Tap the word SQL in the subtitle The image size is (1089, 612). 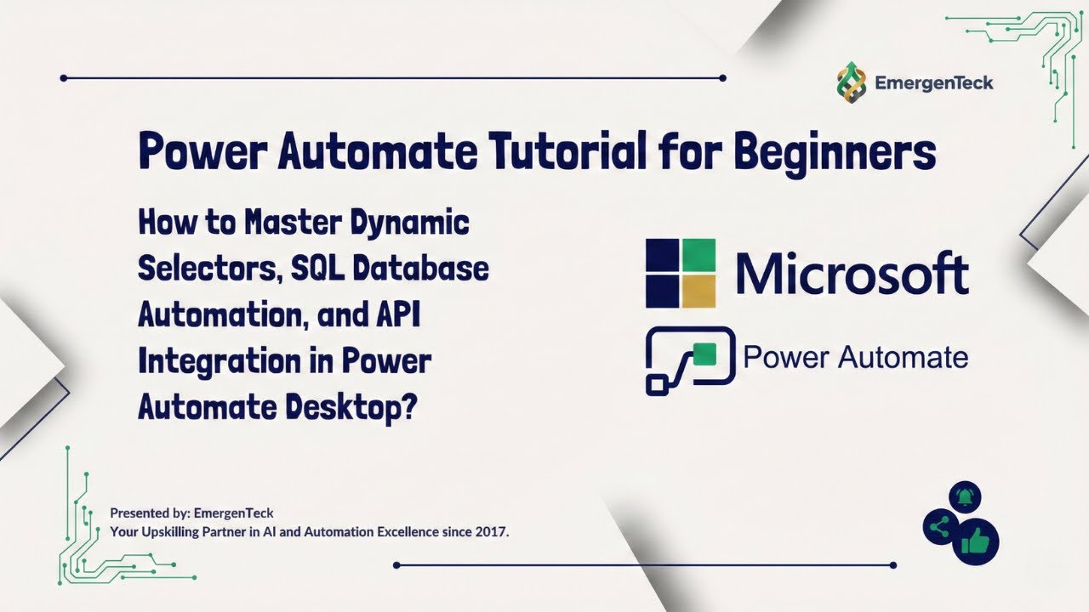coord(320,269)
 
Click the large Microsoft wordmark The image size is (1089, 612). coord(852,273)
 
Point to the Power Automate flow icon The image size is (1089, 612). coord(689,360)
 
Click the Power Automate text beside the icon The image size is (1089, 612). coord(855,358)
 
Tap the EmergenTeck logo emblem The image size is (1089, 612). coord(852,82)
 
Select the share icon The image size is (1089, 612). coord(939,528)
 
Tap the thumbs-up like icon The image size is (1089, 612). coord(975,540)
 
